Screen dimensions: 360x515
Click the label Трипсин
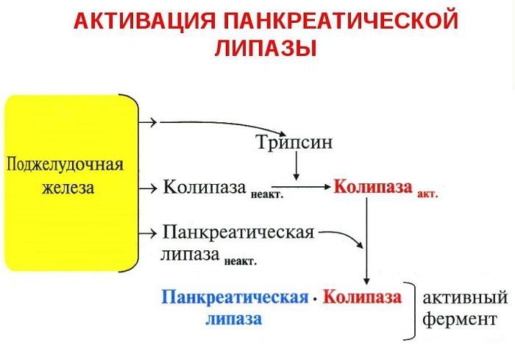tap(294, 142)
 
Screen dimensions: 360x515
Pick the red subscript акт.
tap(427, 195)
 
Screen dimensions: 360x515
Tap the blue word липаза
tap(233, 320)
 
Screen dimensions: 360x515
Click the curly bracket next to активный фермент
tap(413, 309)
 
